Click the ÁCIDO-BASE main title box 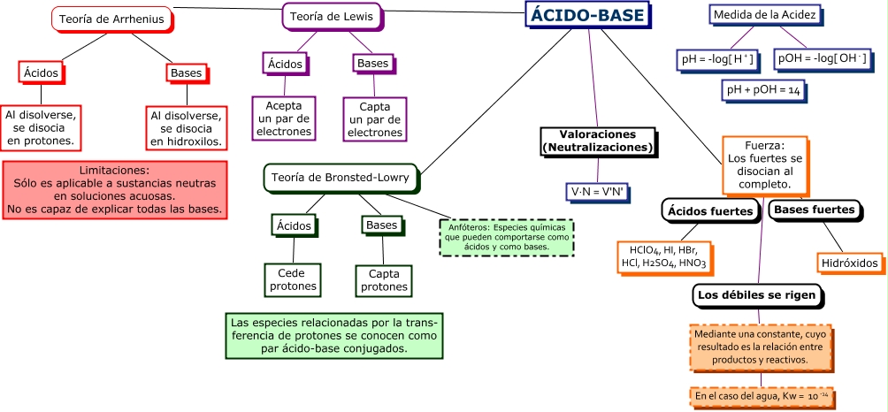point(587,15)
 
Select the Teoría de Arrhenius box point(111,19)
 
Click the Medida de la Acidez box point(764,14)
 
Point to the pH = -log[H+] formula point(717,59)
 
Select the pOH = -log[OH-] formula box point(822,59)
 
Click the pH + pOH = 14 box point(762,90)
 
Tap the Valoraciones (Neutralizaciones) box point(598,140)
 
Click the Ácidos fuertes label point(710,211)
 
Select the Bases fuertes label point(813,210)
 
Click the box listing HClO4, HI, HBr point(662,256)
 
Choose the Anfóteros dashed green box point(507,237)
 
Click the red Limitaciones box point(114,189)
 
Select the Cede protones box point(291,280)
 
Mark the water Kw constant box point(760,397)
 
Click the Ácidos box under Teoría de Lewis point(286,64)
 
